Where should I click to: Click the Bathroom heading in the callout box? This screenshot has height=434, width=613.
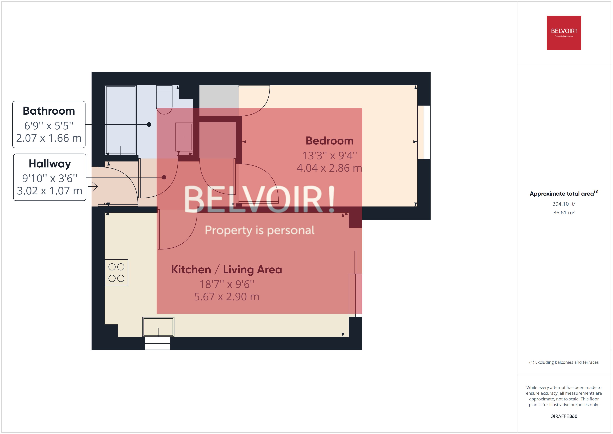click(x=49, y=111)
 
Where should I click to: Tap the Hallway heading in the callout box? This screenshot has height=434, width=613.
click(x=50, y=164)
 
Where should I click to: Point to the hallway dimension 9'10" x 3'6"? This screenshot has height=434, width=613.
click(x=50, y=178)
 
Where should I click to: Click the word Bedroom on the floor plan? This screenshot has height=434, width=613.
click(x=329, y=141)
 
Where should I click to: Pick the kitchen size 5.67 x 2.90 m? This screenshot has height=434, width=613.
click(x=226, y=297)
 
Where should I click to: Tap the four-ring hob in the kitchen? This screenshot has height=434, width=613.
click(x=116, y=273)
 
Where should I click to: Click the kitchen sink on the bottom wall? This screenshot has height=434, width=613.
click(x=158, y=327)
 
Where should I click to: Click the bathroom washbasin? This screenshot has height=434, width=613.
click(x=184, y=137)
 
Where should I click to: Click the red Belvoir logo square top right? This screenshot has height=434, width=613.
click(x=564, y=33)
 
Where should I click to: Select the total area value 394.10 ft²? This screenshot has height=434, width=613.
click(x=564, y=204)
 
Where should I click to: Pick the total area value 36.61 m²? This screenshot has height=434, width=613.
click(x=564, y=213)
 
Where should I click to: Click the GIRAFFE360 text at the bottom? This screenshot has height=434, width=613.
click(x=564, y=416)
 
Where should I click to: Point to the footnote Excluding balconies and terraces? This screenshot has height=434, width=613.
click(x=564, y=362)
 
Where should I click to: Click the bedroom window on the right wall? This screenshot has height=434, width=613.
click(x=424, y=132)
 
